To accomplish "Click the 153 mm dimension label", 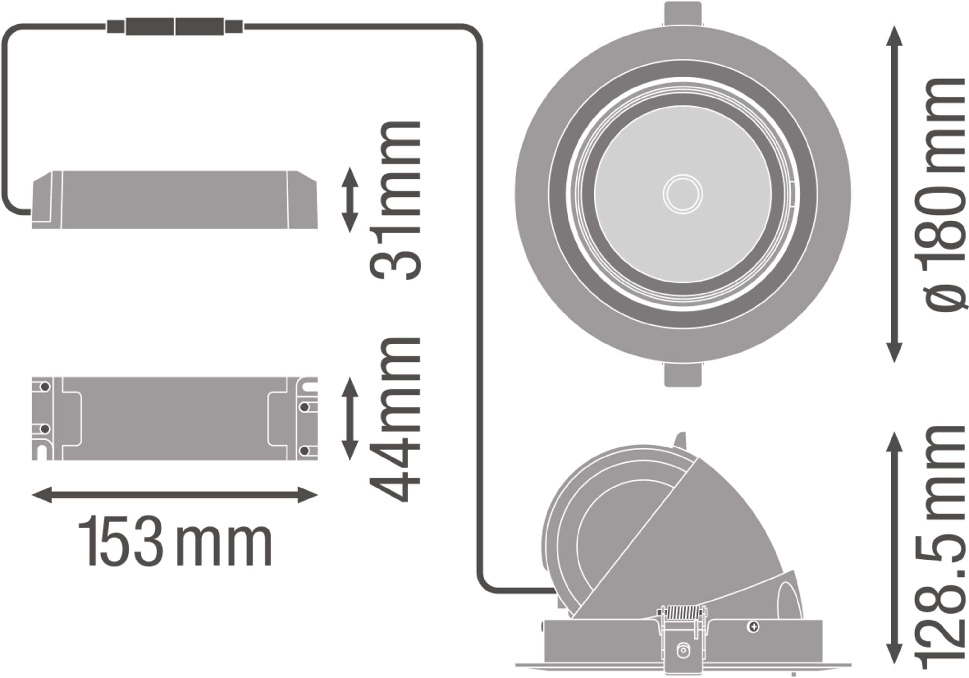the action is [175, 541].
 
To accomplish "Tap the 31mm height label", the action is [395, 200].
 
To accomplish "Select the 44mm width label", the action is [395, 420].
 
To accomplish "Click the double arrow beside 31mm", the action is [350, 200].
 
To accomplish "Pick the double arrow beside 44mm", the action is [350, 418].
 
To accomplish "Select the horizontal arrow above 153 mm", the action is [175, 495].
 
